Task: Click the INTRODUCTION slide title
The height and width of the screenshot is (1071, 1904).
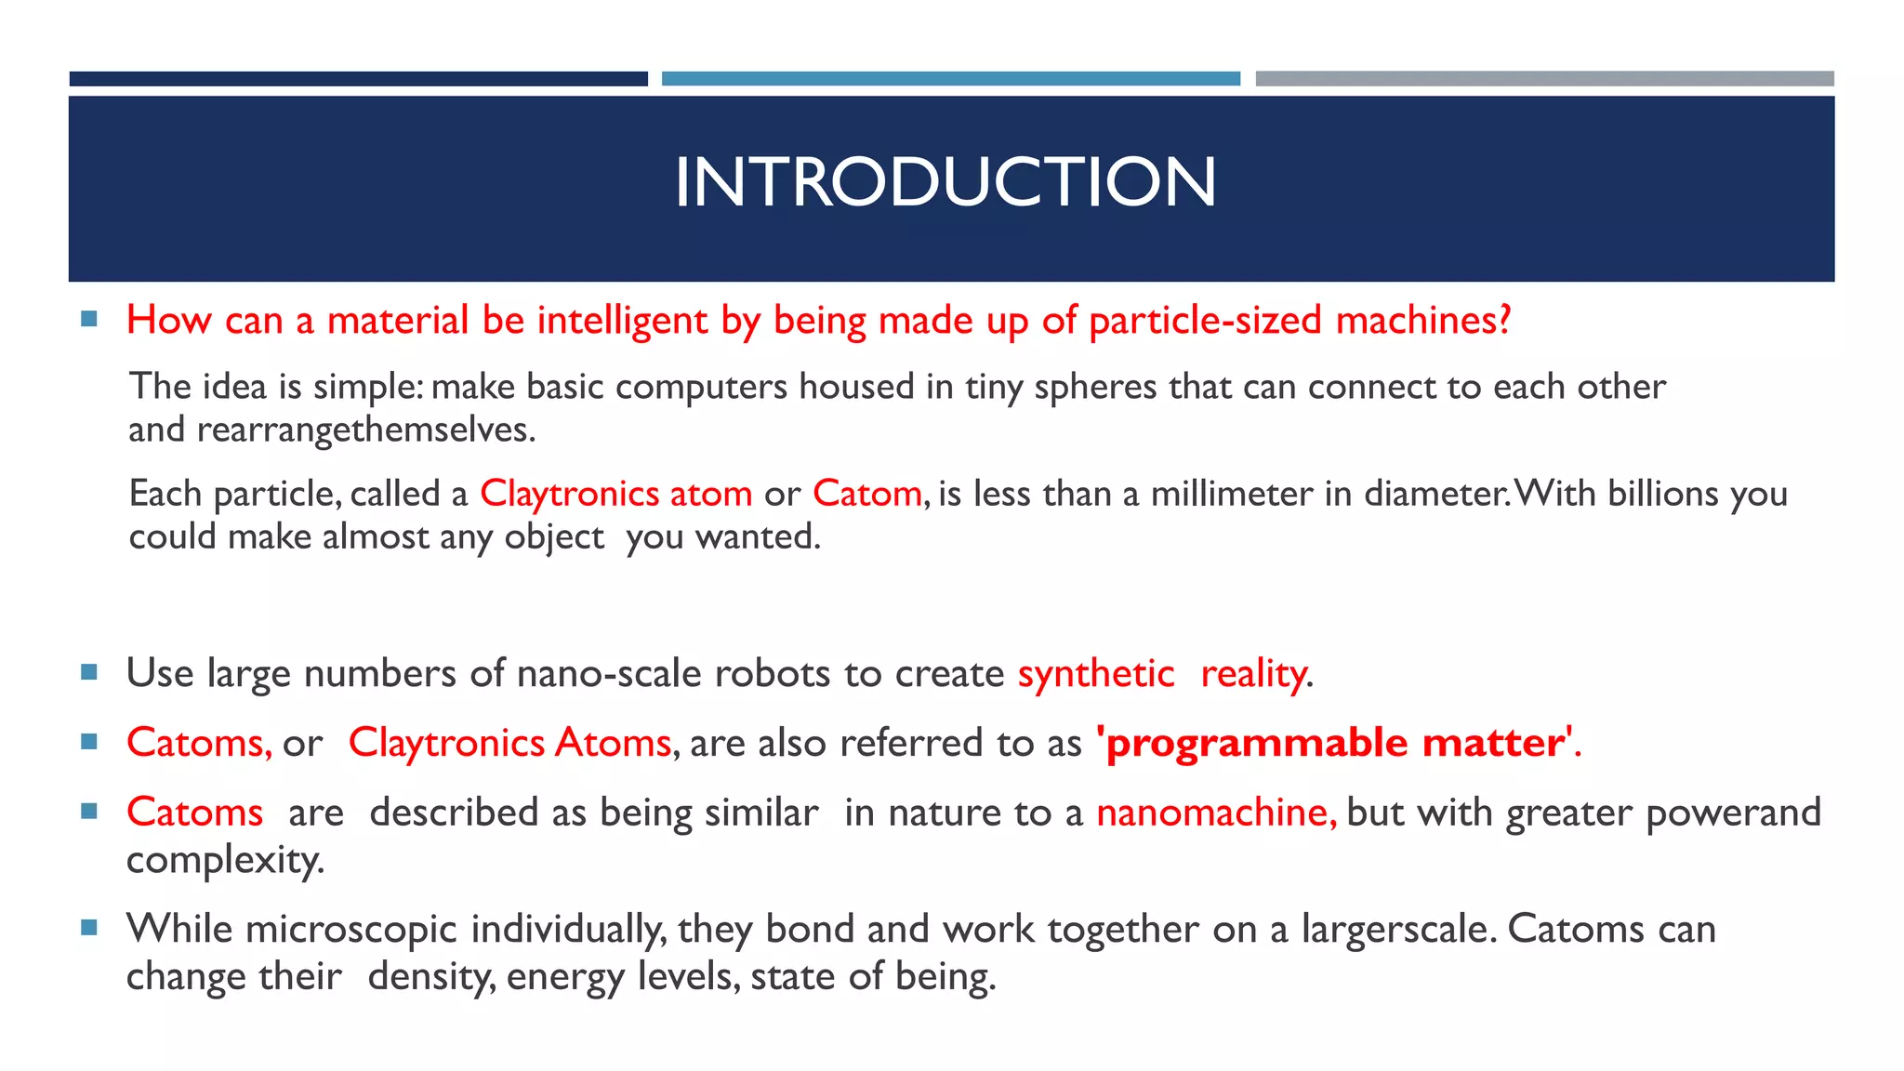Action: tap(945, 181)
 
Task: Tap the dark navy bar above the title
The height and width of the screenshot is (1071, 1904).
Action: tap(358, 79)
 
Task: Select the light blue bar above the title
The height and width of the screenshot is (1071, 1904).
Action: tap(950, 79)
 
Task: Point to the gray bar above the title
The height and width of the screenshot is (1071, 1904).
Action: tap(1544, 79)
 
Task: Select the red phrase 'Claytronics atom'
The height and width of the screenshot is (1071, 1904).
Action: tap(615, 493)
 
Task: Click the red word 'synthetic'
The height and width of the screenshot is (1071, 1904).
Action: tap(1096, 673)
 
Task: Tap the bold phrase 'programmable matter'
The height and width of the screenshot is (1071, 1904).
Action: tap(1334, 743)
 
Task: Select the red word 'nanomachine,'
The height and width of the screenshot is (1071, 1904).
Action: tap(1216, 813)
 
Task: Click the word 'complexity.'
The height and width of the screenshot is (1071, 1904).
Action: tap(225, 860)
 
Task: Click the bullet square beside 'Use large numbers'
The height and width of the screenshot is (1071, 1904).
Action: tap(89, 671)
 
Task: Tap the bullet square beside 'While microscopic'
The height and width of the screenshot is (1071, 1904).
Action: tap(89, 927)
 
